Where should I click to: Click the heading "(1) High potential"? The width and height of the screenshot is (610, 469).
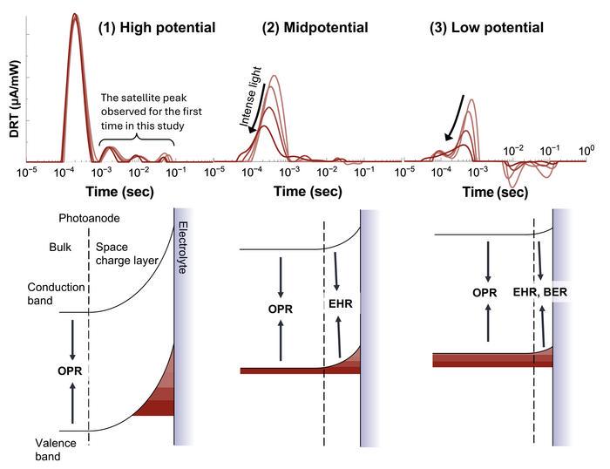point(157,28)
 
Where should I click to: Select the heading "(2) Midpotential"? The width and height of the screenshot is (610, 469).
point(315,28)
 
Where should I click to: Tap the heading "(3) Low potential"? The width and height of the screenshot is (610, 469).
point(487,28)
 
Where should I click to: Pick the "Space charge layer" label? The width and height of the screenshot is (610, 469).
point(124,255)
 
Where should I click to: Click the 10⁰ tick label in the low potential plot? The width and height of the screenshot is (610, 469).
point(587,151)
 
